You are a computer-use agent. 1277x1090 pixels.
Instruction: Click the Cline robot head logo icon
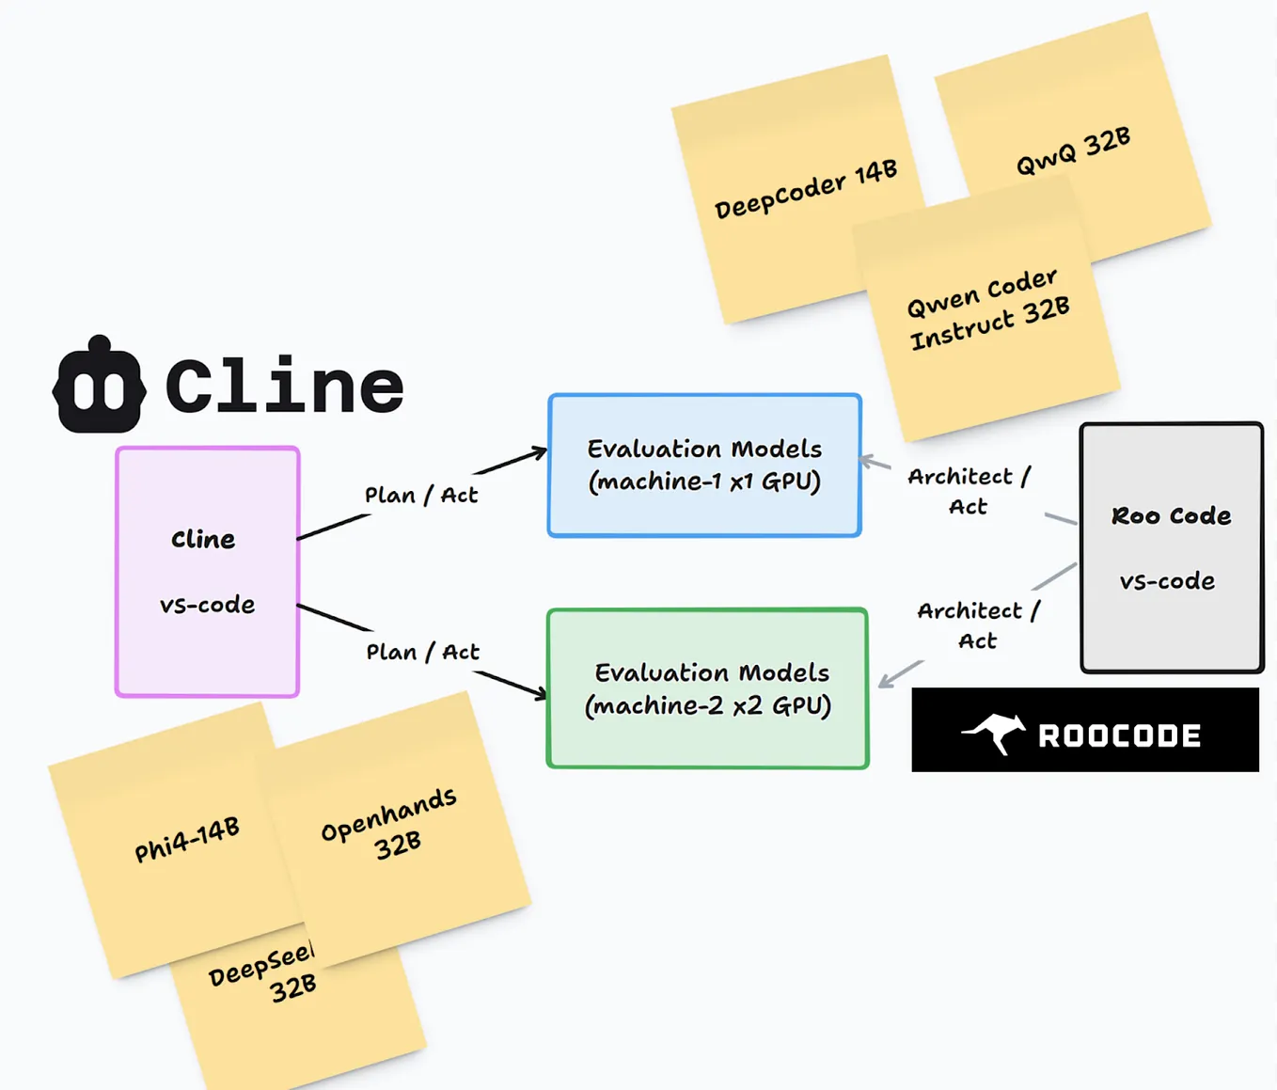coord(99,386)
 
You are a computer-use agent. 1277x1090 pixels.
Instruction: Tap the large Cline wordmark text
coord(284,386)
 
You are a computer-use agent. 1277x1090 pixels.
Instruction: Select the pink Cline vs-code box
coord(207,571)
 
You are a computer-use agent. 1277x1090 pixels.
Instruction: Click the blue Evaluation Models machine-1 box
coord(704,466)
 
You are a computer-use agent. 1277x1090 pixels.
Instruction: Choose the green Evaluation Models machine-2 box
coord(707,688)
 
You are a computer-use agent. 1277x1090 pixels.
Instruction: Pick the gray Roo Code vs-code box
coord(1171,547)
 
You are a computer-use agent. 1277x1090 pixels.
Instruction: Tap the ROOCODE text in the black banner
coord(1119,735)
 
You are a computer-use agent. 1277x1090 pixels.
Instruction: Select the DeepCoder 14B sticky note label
coord(806,189)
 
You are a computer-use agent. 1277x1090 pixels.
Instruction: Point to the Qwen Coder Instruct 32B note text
coord(987,309)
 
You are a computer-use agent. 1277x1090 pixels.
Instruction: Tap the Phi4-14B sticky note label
coord(187,839)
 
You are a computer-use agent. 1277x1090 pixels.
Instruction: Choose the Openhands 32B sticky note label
coord(390,824)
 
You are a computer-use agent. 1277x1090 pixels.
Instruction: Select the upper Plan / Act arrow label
coord(421,495)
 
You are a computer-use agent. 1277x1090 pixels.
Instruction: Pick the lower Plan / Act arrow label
coord(422,652)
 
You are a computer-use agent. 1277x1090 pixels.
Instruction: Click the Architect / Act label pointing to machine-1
coord(969,491)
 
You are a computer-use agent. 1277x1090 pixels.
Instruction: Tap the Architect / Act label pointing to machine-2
coord(978,625)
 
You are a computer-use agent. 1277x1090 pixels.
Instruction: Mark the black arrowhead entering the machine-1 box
coord(539,453)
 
